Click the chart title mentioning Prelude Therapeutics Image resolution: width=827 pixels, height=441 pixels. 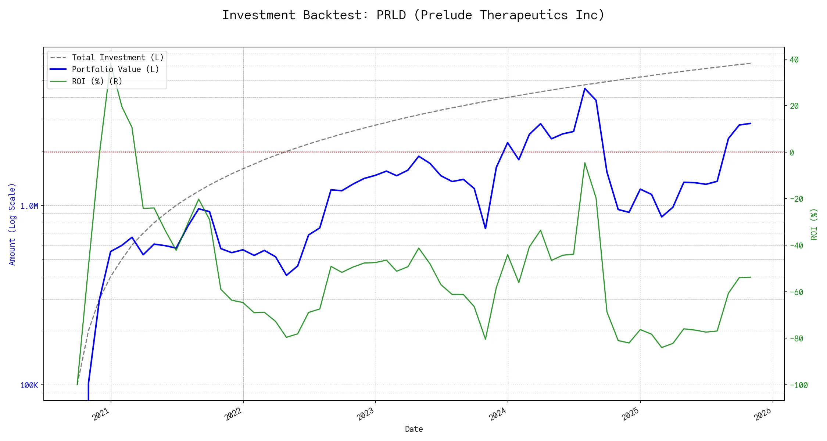pyautogui.click(x=413, y=15)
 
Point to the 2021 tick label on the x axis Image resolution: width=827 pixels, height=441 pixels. pyautogui.click(x=101, y=414)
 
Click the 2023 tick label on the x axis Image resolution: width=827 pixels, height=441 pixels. pyautogui.click(x=366, y=414)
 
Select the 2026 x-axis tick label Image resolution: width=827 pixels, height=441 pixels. pyautogui.click(x=763, y=414)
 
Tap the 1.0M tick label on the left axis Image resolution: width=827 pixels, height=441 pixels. pyautogui.click(x=29, y=206)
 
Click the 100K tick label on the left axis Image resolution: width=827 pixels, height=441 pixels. pyautogui.click(x=29, y=386)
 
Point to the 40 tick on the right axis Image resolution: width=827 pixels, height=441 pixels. pyautogui.click(x=794, y=60)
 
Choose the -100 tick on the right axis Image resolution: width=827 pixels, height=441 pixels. pyautogui.click(x=796, y=386)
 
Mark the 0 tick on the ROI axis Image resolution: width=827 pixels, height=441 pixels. pyautogui.click(x=792, y=153)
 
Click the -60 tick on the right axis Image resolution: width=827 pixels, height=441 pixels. pyautogui.click(x=794, y=293)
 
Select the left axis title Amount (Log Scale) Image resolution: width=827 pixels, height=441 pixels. pyautogui.click(x=12, y=224)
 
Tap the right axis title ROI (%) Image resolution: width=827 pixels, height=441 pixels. pyautogui.click(x=814, y=224)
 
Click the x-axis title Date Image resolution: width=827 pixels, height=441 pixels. pyautogui.click(x=414, y=429)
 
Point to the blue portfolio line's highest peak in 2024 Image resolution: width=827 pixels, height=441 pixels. pyautogui.click(x=585, y=89)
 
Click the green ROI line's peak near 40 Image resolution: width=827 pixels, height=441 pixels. pyautogui.click(x=111, y=63)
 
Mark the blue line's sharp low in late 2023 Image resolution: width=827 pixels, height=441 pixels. pyautogui.click(x=486, y=229)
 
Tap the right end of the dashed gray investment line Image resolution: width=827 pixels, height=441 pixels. pyautogui.click(x=751, y=63)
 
